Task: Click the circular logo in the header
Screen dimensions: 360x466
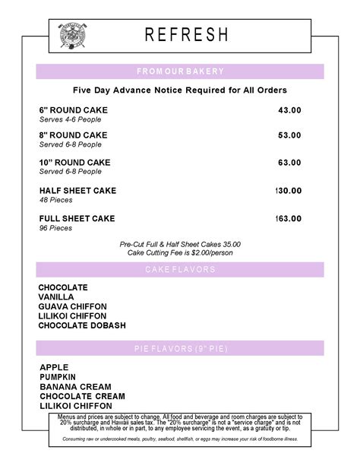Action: (x=74, y=36)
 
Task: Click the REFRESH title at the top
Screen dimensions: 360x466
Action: (x=187, y=35)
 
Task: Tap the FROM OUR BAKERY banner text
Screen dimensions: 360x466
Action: (x=180, y=71)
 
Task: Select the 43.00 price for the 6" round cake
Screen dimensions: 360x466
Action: (x=289, y=110)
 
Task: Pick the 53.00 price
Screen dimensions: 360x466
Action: (x=289, y=135)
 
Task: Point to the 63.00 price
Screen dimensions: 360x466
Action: (x=289, y=163)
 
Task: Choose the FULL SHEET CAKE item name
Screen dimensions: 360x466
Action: (x=77, y=218)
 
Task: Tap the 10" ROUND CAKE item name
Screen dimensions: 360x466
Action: (x=74, y=163)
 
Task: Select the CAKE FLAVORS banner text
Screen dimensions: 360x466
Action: (x=180, y=270)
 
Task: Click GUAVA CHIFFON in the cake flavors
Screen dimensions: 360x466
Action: (x=71, y=306)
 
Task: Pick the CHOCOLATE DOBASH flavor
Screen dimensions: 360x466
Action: (x=82, y=325)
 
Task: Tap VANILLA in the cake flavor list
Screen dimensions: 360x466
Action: (x=56, y=297)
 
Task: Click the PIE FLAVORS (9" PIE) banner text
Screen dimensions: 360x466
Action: (x=180, y=349)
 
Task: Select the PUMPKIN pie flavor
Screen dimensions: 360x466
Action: (x=58, y=377)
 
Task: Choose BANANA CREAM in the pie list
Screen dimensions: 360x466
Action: (x=75, y=387)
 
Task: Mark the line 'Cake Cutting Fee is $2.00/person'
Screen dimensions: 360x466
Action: (x=180, y=252)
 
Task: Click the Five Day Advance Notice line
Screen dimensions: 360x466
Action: (x=179, y=91)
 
